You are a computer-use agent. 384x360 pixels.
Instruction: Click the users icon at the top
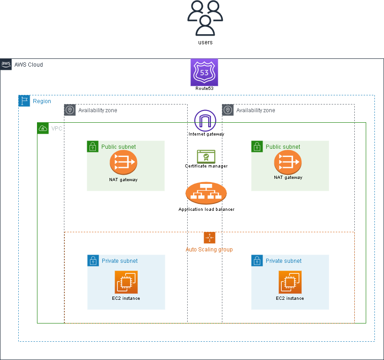pos(205,18)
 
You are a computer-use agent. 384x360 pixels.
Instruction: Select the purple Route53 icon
pos(204,72)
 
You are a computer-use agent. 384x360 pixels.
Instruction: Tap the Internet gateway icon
pos(205,121)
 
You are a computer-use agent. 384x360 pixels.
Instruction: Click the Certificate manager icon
pos(206,156)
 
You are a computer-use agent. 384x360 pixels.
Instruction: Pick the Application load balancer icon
pos(206,194)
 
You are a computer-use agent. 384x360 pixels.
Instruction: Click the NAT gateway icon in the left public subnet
pos(123,162)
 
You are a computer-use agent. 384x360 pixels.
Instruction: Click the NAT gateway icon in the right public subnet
pos(288,162)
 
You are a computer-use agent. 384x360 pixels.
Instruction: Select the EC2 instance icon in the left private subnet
pos(126,282)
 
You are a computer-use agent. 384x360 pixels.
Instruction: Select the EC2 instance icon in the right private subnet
pos(290,282)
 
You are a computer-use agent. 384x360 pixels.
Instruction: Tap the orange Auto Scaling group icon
pos(209,238)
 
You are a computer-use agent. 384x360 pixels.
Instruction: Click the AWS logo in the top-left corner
pos(6,64)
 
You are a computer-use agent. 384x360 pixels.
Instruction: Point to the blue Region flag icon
pos(24,101)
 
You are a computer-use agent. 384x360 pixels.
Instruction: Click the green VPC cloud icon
pos(43,128)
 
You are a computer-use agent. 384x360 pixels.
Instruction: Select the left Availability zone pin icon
pos(70,110)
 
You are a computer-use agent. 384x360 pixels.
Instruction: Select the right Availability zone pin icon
pos(228,110)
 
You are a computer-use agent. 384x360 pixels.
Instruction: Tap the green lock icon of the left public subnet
pos(93,146)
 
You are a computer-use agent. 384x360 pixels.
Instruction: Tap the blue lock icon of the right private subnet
pos(257,261)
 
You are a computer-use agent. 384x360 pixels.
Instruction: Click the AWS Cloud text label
pos(29,65)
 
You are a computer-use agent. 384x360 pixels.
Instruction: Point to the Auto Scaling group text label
pos(209,250)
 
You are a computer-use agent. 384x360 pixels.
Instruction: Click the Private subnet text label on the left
pos(120,261)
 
